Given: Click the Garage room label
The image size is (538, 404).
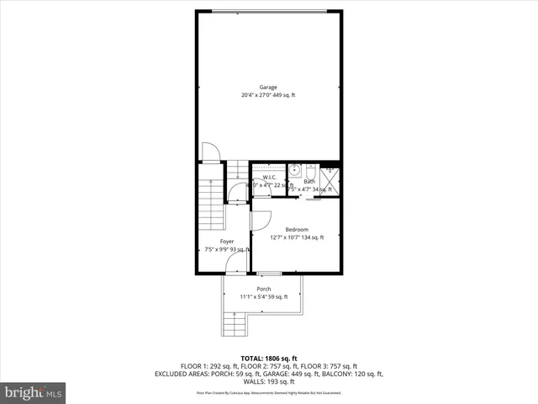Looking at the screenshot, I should (268, 87).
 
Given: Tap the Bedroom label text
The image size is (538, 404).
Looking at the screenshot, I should (297, 230).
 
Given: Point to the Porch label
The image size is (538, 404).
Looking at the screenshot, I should (264, 289).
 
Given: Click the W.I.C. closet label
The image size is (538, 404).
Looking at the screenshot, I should (270, 177).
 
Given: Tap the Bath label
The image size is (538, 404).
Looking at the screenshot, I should (309, 182).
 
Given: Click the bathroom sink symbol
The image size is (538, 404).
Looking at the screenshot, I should (294, 171).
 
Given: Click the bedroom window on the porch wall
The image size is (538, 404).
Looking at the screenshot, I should (269, 274).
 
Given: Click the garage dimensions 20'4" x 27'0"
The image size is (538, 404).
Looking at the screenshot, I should (268, 95).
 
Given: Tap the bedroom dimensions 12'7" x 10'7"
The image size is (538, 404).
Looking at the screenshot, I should (297, 238).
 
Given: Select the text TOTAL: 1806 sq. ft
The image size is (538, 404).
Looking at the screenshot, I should (269, 359).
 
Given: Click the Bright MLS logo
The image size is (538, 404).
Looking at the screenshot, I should (34, 392).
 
